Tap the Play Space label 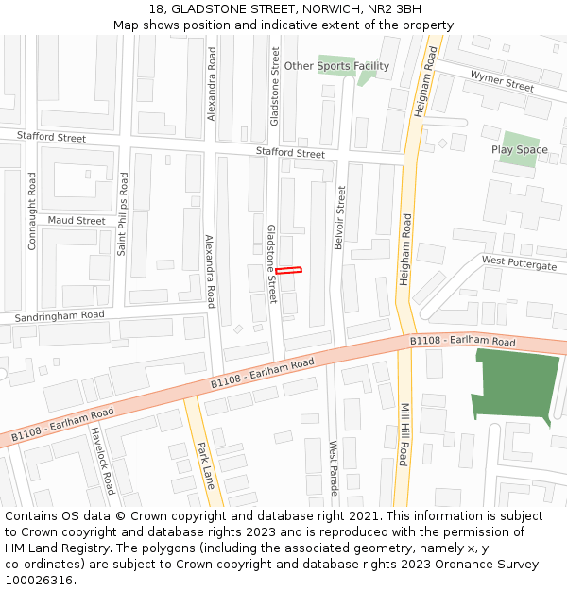[x=519, y=150]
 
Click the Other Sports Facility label [x=336, y=66]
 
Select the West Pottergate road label [x=519, y=263]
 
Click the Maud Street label [x=77, y=221]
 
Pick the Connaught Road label [x=32, y=211]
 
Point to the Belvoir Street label [x=340, y=217]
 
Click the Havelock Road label [x=103, y=461]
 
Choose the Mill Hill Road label [x=404, y=435]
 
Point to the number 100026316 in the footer [x=39, y=581]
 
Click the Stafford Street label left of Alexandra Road [x=51, y=138]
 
